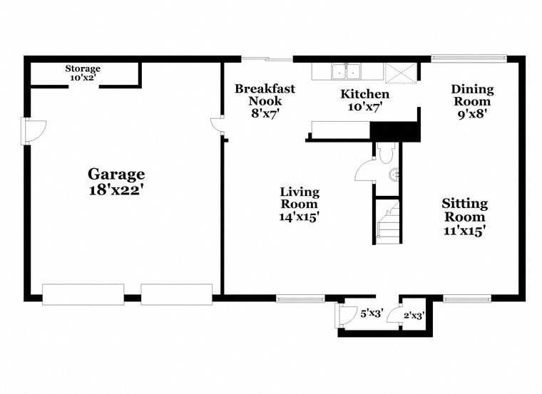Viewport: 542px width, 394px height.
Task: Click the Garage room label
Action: [116, 174]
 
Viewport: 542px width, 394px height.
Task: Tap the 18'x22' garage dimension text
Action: [116, 190]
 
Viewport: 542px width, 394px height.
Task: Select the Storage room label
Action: [83, 68]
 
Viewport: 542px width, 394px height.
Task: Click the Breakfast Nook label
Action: [265, 89]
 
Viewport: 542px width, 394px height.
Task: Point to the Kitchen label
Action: [364, 94]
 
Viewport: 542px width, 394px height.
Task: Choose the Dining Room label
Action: [472, 89]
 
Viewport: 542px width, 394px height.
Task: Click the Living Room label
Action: [299, 192]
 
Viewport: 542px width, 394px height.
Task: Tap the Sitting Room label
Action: [464, 203]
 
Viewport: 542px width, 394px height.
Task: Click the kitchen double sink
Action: [347, 71]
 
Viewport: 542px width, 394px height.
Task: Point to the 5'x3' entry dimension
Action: [372, 313]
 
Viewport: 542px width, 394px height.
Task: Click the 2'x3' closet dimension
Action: [414, 314]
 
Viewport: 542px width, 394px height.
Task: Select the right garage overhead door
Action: [176, 293]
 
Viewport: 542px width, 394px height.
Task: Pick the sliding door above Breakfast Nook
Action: [267, 58]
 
